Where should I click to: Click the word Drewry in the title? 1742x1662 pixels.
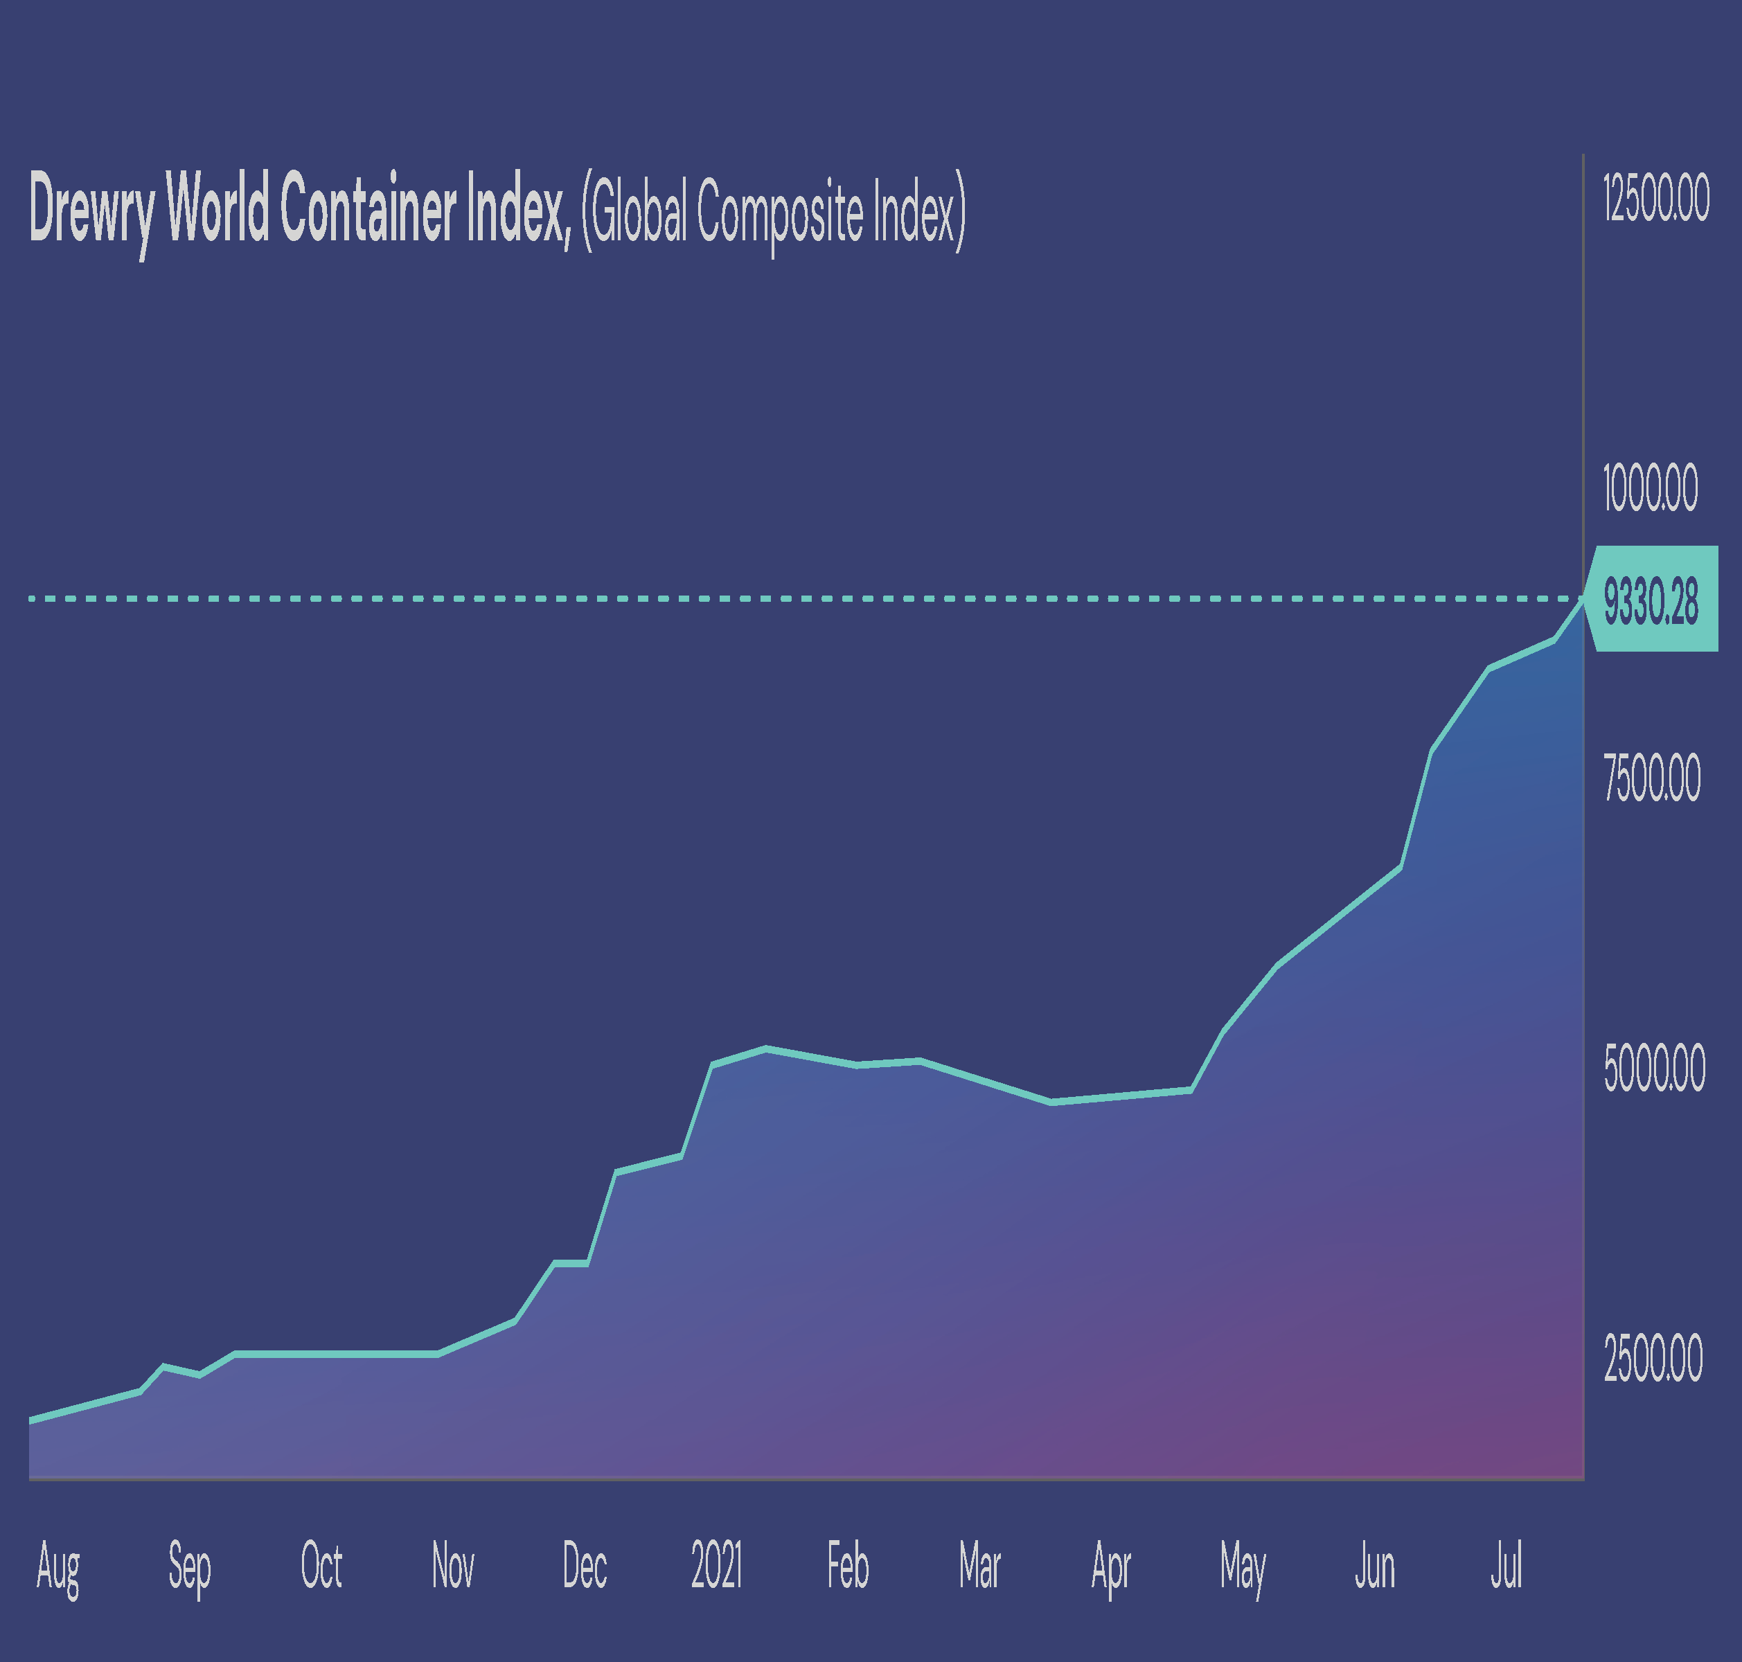pos(91,209)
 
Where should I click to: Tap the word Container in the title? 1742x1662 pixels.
pos(368,209)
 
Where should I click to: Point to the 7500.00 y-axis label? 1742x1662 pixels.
pos(1652,778)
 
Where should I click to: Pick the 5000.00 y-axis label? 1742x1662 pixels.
pos(1653,1069)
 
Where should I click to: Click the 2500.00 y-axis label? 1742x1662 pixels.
pos(1653,1358)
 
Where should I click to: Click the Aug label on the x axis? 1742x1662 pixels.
pos(58,1566)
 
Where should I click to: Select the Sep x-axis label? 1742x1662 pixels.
pos(190,1566)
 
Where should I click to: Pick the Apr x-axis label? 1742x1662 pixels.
pos(1111,1566)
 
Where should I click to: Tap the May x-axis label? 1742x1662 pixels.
pos(1243,1566)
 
